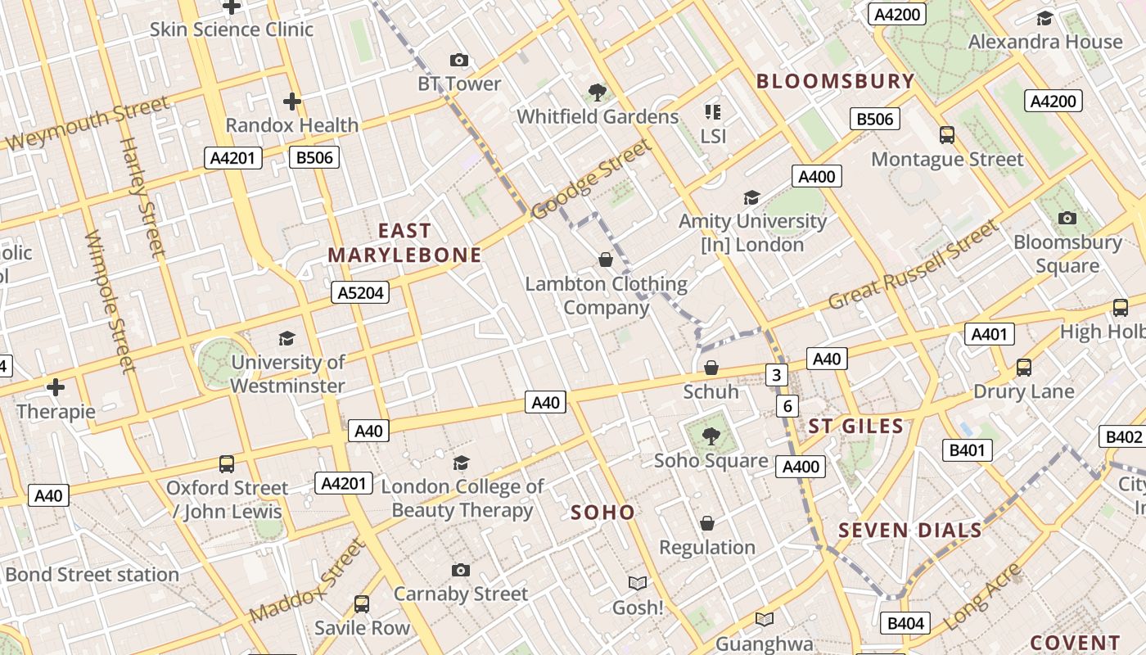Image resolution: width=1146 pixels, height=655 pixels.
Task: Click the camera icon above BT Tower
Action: (x=459, y=60)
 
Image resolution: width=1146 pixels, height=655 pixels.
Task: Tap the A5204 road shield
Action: (x=361, y=292)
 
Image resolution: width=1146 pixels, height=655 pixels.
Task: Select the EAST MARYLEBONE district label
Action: (x=404, y=242)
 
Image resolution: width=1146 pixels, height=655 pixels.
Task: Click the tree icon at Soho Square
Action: (x=711, y=436)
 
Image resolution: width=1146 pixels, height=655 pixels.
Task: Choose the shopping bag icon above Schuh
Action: (x=711, y=368)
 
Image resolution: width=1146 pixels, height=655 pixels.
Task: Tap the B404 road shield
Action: (x=906, y=623)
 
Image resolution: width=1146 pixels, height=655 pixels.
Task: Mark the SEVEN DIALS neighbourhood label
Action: (x=910, y=530)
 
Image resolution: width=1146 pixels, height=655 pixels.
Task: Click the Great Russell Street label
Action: (x=914, y=264)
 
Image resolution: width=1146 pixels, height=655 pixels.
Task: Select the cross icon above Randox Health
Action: (x=292, y=102)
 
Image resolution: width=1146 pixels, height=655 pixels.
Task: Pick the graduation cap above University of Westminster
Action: (x=286, y=338)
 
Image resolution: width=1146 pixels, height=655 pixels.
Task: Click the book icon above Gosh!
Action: (x=638, y=583)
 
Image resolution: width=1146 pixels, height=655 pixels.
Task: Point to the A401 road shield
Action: (x=990, y=334)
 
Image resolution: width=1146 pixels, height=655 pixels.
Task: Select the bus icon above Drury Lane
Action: (x=1023, y=368)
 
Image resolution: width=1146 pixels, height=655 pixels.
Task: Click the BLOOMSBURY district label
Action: (x=835, y=81)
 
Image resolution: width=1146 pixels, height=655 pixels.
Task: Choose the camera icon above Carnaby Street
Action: (x=461, y=570)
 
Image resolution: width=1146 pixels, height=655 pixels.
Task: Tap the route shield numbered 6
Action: (x=787, y=405)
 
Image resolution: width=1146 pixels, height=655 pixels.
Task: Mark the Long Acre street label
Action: (x=983, y=597)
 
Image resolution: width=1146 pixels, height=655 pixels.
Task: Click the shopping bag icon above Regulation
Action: (x=707, y=523)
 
